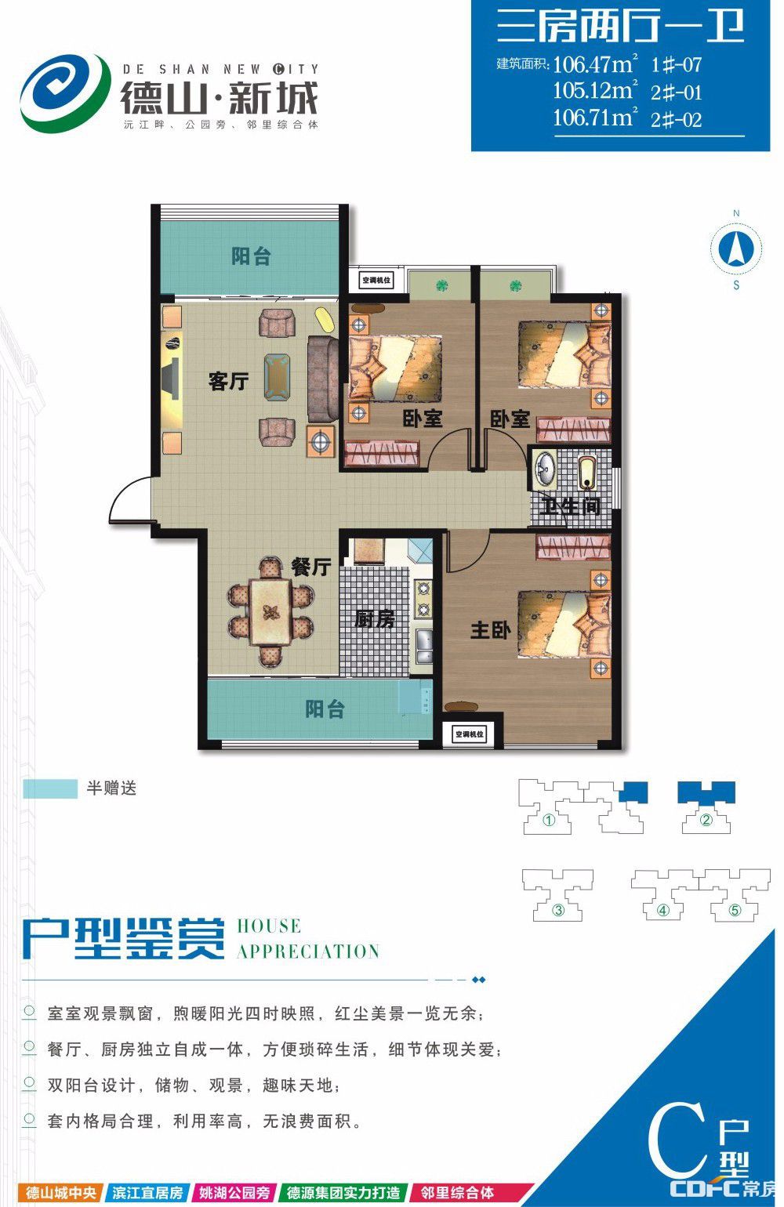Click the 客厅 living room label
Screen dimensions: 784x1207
click(228, 381)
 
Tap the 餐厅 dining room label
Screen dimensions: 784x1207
click(310, 567)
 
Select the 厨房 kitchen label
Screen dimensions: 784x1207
click(375, 619)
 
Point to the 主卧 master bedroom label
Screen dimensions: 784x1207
click(490, 629)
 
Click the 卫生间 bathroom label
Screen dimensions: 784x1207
click(569, 506)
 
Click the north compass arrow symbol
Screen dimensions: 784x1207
click(736, 248)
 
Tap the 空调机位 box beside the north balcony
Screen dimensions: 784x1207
click(376, 281)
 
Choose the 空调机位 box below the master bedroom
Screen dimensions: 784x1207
click(470, 734)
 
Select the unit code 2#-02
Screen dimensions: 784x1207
click(677, 120)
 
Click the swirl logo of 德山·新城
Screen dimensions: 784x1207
click(64, 92)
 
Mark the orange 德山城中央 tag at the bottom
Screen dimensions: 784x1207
click(61, 1192)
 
